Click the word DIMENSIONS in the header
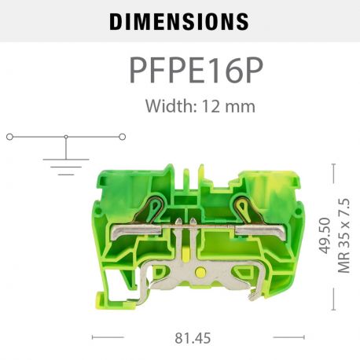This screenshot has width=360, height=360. [x=179, y=21]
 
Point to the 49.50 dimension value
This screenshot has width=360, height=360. [x=324, y=237]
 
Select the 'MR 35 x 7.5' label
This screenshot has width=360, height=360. [x=343, y=236]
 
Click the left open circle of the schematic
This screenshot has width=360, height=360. [x=9, y=137]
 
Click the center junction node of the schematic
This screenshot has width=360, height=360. [x=66, y=137]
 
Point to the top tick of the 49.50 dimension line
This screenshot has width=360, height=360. [x=334, y=166]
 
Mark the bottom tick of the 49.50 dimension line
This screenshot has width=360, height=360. [x=334, y=308]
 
